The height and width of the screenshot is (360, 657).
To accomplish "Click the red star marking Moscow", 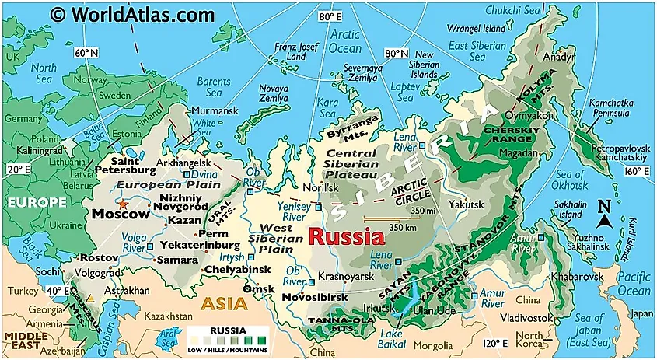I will pos(123,203).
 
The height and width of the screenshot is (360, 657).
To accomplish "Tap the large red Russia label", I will pos(346,236).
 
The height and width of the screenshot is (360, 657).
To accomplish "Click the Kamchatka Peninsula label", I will pos(610,108).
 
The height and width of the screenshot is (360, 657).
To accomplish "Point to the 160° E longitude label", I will pos(637,172).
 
